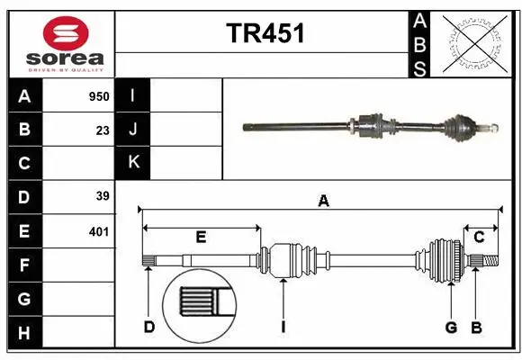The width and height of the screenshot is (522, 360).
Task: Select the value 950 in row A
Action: click(x=98, y=96)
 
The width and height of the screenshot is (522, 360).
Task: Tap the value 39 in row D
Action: click(x=103, y=196)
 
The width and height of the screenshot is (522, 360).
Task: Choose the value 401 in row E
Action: click(x=98, y=230)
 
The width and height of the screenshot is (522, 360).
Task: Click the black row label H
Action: click(x=24, y=333)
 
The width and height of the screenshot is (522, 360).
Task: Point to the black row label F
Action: click(x=24, y=265)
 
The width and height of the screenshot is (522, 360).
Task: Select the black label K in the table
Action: click(x=134, y=163)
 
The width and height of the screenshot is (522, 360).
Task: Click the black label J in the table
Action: click(x=134, y=130)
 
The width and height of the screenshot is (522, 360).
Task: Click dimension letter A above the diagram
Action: click(x=323, y=202)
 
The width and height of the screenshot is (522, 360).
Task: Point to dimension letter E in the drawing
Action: click(x=202, y=238)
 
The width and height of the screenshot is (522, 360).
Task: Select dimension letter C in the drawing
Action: click(x=480, y=238)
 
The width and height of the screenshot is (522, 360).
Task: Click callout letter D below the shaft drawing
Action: click(x=149, y=327)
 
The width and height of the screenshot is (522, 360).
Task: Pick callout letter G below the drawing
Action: click(x=451, y=327)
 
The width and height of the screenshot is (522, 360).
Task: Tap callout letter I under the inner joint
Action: click(x=283, y=327)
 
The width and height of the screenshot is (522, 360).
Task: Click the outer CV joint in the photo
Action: click(x=464, y=126)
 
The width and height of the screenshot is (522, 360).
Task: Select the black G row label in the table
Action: click(x=24, y=298)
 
